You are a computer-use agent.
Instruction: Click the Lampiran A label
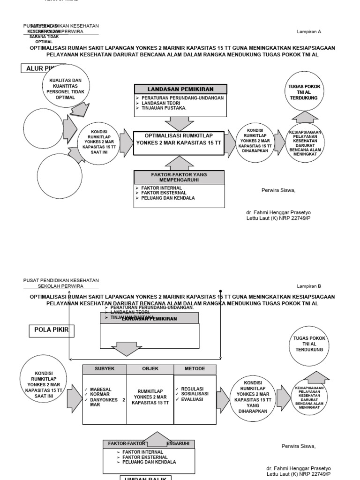point(308,32)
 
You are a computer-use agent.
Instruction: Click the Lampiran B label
point(308,286)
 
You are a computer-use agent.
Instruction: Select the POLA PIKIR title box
point(52,330)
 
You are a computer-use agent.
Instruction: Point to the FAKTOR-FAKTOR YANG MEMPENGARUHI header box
point(180,177)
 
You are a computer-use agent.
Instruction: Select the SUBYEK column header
point(104,369)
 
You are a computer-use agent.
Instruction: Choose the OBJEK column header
point(150,369)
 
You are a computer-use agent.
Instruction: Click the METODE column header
point(195,369)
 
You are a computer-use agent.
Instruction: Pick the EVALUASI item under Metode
point(192,400)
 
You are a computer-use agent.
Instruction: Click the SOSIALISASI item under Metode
point(195,395)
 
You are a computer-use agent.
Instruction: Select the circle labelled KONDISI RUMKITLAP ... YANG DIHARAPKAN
point(253,396)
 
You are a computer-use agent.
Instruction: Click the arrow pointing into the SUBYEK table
point(74,399)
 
